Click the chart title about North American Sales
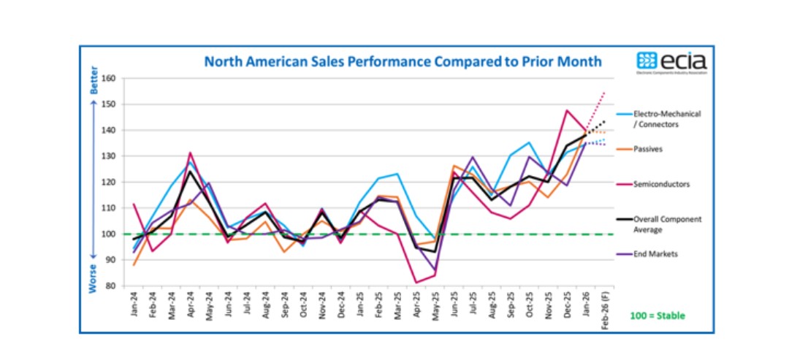(x=403, y=61)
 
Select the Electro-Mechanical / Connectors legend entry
(x=657, y=119)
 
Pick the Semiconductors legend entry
(x=652, y=184)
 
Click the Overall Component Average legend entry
(x=657, y=223)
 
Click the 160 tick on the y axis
(x=110, y=79)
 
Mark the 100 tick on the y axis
(x=110, y=234)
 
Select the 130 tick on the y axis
(x=110, y=156)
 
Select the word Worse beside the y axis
(x=93, y=278)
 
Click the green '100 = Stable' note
(x=657, y=315)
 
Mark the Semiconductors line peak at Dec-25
(x=567, y=110)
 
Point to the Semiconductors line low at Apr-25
(x=416, y=283)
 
